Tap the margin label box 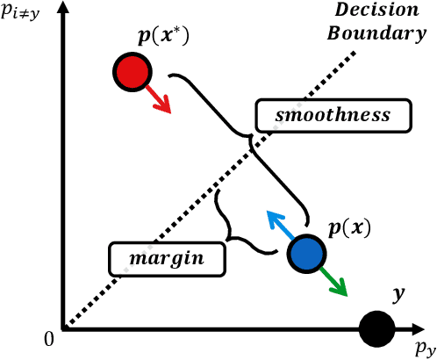[166, 258]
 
